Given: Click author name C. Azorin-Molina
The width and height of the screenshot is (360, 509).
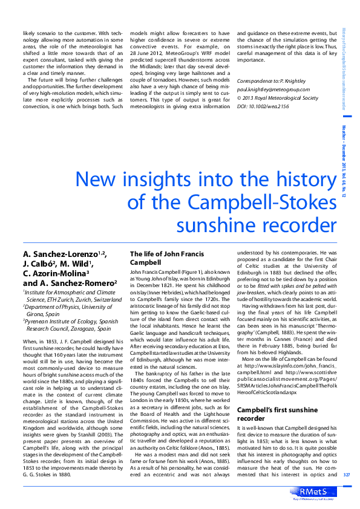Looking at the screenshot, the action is tap(54, 273).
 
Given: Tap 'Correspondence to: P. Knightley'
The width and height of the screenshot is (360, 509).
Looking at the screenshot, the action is tap(272, 80).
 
